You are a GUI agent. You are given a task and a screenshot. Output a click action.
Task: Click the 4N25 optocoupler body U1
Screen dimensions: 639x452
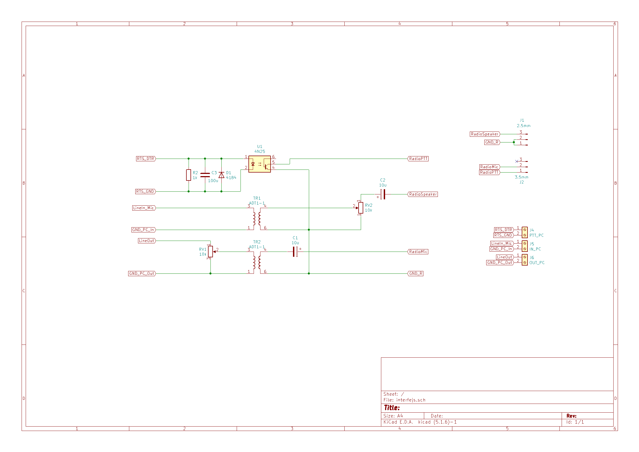259,164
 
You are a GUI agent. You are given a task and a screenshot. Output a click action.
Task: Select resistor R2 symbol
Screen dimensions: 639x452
189,175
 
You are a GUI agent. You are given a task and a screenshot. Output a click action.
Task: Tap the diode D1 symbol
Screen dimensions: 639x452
221,175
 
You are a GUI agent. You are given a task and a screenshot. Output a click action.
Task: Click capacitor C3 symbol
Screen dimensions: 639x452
205,175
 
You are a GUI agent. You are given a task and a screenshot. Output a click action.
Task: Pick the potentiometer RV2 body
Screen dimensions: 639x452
361,208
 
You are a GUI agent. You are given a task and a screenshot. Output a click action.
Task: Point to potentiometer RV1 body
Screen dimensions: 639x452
210,252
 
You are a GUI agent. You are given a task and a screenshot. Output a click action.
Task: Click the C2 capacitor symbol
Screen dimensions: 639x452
383,194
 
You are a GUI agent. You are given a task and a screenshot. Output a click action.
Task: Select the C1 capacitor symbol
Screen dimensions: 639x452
295,252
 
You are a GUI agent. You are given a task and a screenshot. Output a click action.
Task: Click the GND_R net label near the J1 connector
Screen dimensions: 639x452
492,142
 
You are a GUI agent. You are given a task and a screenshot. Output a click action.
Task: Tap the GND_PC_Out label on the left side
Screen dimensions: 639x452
142,273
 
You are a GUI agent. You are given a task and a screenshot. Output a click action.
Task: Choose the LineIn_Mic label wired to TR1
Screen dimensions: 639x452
144,208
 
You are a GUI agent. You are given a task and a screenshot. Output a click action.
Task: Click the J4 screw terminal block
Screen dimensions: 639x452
524,232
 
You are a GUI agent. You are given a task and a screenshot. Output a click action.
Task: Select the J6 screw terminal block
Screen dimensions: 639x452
524,259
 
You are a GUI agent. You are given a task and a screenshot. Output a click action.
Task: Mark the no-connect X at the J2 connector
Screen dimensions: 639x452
517,161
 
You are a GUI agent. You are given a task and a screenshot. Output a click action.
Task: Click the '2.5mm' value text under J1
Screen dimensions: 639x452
523,126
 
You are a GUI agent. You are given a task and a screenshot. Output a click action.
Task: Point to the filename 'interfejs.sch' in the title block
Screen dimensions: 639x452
411,400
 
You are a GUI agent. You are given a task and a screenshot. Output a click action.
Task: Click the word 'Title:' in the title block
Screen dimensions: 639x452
392,408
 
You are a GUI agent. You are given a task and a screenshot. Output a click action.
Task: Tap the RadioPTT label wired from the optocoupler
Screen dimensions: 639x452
418,159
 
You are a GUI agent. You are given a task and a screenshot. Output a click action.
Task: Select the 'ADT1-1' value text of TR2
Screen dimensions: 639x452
257,247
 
